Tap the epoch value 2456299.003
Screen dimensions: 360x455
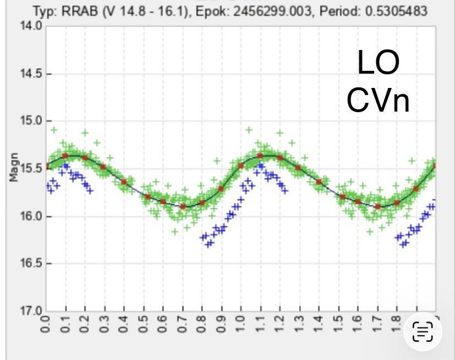click(x=264, y=11)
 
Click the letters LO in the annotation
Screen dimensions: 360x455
click(x=378, y=64)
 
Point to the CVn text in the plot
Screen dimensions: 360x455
click(x=378, y=100)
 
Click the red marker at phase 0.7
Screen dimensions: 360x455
click(x=183, y=207)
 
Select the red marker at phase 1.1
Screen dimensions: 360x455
click(x=260, y=156)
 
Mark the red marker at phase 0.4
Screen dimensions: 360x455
click(x=124, y=182)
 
